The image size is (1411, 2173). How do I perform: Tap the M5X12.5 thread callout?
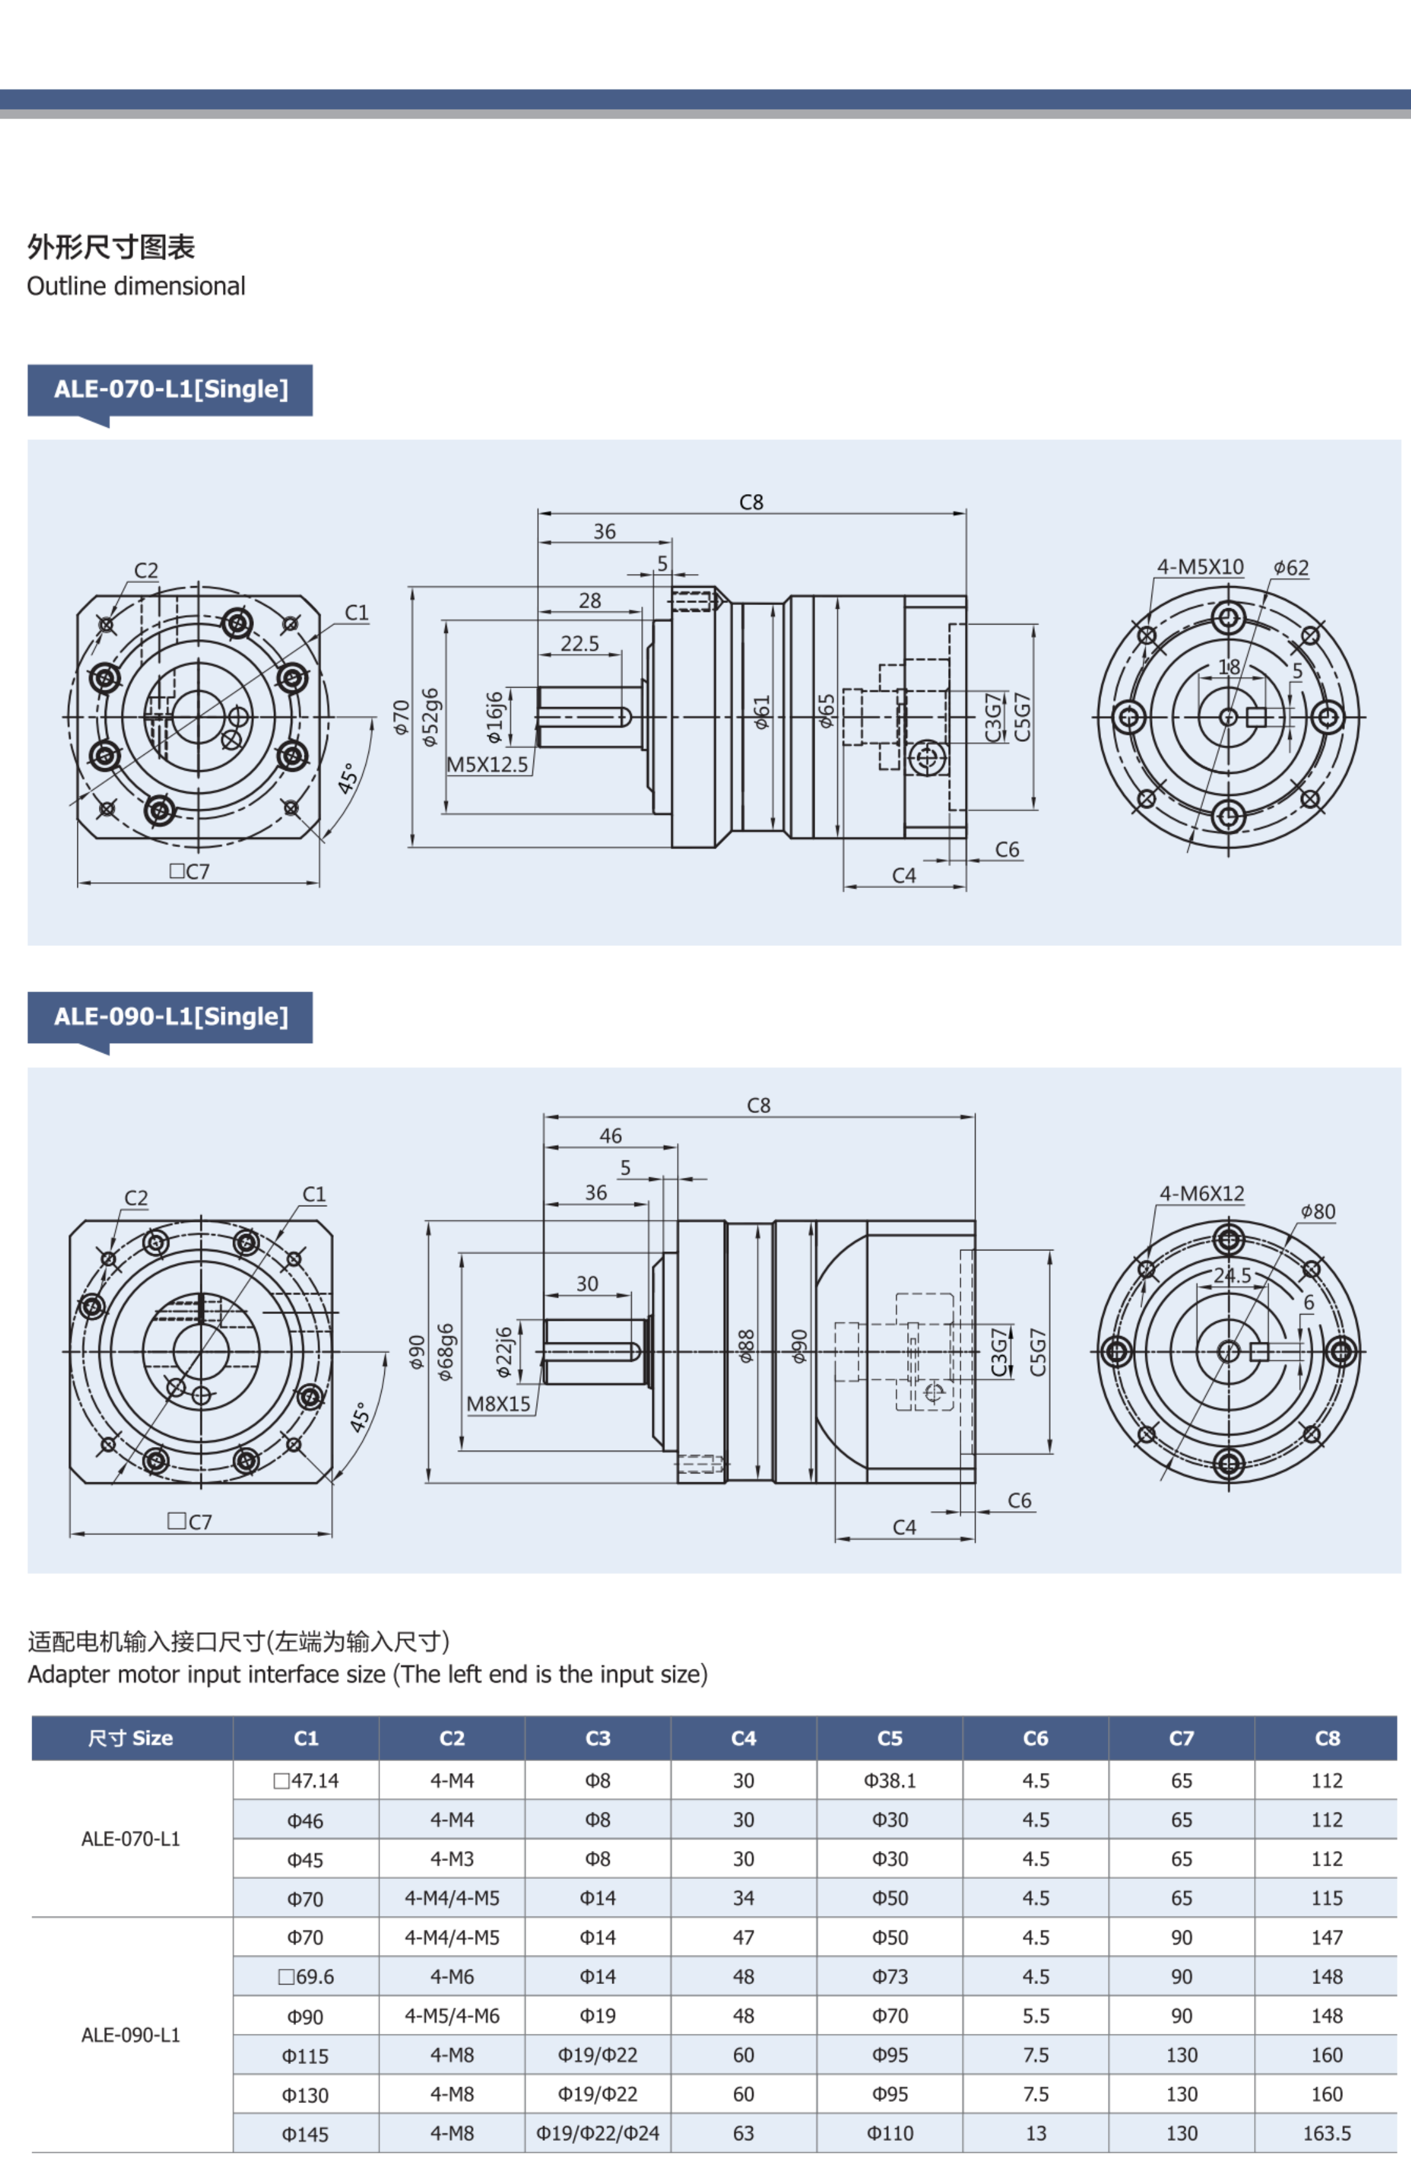(488, 764)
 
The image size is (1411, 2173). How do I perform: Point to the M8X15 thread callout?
(498, 1404)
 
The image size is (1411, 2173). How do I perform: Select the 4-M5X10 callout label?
(1200, 567)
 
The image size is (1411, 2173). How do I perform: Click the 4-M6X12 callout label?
(1202, 1194)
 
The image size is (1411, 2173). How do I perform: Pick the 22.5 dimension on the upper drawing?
(580, 643)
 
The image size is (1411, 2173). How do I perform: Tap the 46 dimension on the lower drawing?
(610, 1136)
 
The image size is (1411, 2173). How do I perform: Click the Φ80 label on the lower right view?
(1318, 1211)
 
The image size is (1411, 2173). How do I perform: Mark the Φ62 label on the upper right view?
(1291, 568)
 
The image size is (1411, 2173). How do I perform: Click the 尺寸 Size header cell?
(130, 1738)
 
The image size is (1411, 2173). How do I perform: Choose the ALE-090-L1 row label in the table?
(130, 2034)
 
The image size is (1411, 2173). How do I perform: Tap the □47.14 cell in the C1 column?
(306, 1780)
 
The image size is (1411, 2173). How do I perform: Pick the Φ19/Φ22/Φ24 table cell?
(598, 2133)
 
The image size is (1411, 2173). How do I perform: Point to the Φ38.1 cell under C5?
(890, 1780)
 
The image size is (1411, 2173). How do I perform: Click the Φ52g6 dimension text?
(430, 717)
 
